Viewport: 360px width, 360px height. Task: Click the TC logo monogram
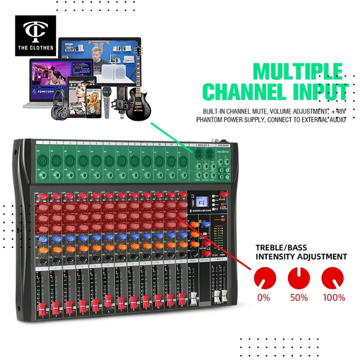(x=35, y=31)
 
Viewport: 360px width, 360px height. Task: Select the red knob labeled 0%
(x=263, y=277)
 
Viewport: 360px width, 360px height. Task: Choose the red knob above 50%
(x=299, y=277)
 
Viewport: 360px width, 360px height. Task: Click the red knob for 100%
(x=333, y=277)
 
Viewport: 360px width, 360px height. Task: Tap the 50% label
(x=299, y=298)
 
